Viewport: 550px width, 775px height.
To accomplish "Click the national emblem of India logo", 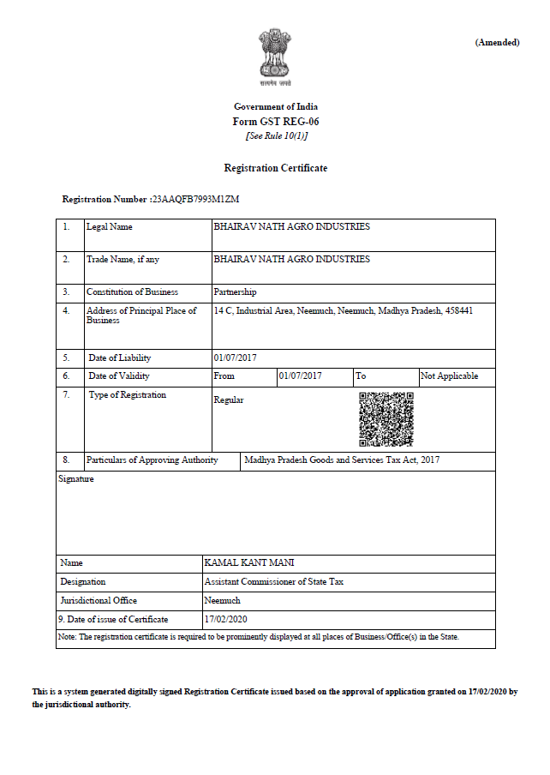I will pyautogui.click(x=275, y=57).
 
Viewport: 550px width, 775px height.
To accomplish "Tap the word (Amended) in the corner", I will pyautogui.click(x=497, y=42).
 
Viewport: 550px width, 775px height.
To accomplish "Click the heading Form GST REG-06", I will pyautogui.click(x=275, y=121).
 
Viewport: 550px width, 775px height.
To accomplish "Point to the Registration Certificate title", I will pyautogui.click(x=275, y=168).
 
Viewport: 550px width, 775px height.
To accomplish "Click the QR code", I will pyautogui.click(x=386, y=419).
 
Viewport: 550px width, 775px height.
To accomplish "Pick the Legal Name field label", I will pyautogui.click(x=109, y=227).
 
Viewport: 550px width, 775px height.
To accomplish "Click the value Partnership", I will pyautogui.click(x=234, y=292).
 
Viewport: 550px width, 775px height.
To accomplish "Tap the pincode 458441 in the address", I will pyautogui.click(x=458, y=310).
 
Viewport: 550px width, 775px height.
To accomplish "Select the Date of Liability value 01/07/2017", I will pyautogui.click(x=235, y=357).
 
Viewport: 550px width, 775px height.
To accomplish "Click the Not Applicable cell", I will pyautogui.click(x=449, y=376).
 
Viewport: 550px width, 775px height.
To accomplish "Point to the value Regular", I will pyautogui.click(x=228, y=400).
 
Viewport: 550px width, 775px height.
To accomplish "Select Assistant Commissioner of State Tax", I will pyautogui.click(x=273, y=581).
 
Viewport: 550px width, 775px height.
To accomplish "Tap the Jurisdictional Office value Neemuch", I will pyautogui.click(x=223, y=600).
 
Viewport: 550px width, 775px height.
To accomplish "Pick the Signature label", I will pyautogui.click(x=76, y=479).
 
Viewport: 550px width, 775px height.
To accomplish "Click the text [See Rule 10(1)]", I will pyautogui.click(x=275, y=135).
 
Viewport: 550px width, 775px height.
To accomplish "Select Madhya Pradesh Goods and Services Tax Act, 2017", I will pyautogui.click(x=342, y=460).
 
